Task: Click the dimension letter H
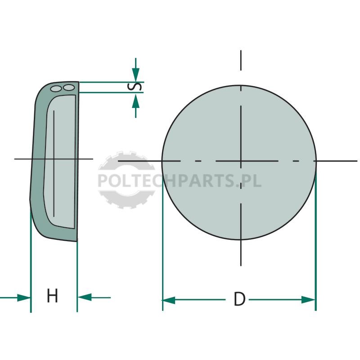(x=52, y=296)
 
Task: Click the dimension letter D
(x=239, y=299)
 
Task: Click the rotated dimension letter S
(x=135, y=87)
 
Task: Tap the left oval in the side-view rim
(x=56, y=89)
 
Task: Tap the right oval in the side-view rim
(x=69, y=87)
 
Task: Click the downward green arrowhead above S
(x=136, y=74)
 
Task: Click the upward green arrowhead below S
(x=136, y=101)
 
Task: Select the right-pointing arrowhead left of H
(x=24, y=298)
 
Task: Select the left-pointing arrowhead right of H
(x=85, y=297)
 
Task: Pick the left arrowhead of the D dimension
(x=169, y=300)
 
